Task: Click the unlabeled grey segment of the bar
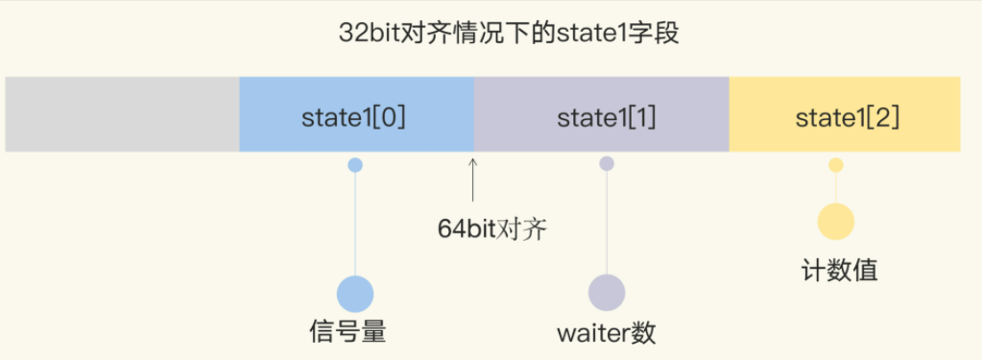click(x=122, y=115)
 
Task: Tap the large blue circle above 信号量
click(x=355, y=294)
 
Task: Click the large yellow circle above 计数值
click(x=836, y=222)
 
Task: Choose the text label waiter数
click(x=606, y=332)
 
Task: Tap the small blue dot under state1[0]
click(x=355, y=165)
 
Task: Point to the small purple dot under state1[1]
click(x=607, y=164)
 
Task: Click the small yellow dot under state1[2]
click(x=836, y=165)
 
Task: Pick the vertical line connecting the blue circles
click(x=355, y=226)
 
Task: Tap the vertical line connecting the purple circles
click(x=607, y=226)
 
